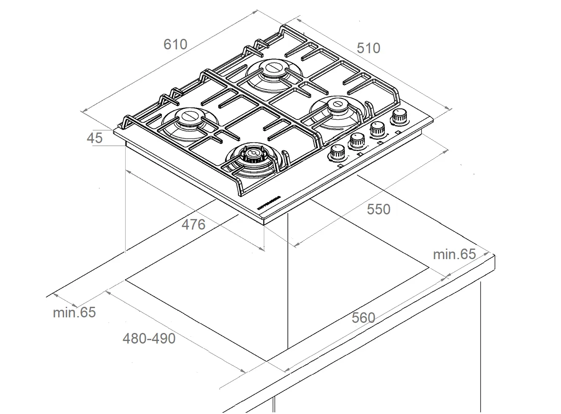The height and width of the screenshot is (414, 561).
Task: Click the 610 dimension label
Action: coord(175,44)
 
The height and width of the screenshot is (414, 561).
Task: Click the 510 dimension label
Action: coord(368,48)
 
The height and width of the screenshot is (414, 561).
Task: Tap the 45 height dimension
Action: coord(94,138)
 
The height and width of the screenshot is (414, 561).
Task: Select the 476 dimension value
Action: coord(193,224)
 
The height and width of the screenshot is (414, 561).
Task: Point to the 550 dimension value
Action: coord(378,209)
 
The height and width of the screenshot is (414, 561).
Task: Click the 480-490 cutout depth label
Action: coord(149,338)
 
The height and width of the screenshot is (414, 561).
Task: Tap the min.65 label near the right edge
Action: coord(454,254)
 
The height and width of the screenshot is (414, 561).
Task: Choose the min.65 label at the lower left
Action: coord(74,312)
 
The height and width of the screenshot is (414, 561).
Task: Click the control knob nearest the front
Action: coord(337,153)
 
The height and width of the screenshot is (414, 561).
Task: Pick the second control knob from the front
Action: coord(357,141)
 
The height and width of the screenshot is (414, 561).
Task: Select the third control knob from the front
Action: coord(378,129)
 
